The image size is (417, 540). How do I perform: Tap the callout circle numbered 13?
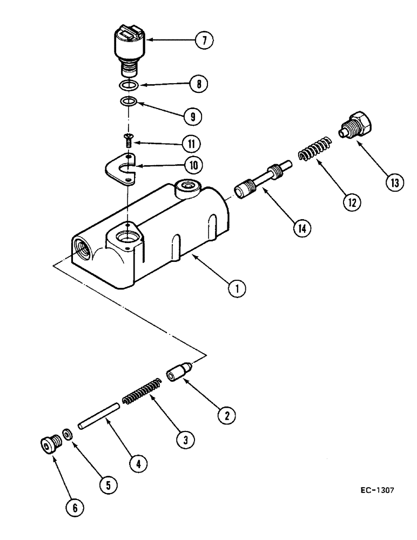pos(394,183)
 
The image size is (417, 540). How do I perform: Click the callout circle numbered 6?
pos(74,507)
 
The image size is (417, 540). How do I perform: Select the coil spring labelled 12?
pos(314,148)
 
